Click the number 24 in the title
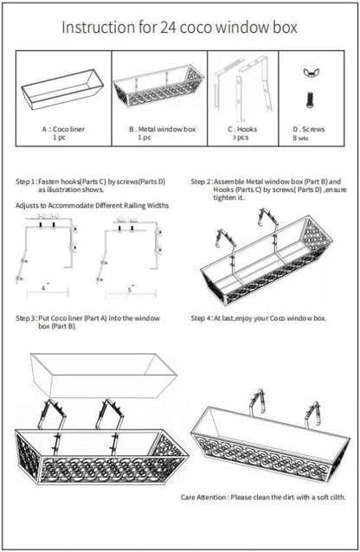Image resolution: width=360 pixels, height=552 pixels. pyautogui.click(x=169, y=27)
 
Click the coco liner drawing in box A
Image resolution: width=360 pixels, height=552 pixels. pyautogui.click(x=62, y=89)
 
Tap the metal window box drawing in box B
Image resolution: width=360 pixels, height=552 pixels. pyautogui.click(x=158, y=87)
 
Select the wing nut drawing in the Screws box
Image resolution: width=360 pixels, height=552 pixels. pyautogui.click(x=309, y=73)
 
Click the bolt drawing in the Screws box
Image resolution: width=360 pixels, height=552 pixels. pyautogui.click(x=310, y=99)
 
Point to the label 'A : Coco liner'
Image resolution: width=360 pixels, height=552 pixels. pyautogui.click(x=63, y=129)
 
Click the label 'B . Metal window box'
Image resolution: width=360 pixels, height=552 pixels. pyautogui.click(x=162, y=129)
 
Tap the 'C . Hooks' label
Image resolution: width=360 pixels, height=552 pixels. pyautogui.click(x=242, y=129)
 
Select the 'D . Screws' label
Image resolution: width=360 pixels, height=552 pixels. pyautogui.click(x=309, y=129)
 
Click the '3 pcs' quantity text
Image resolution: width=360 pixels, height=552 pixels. pyautogui.click(x=241, y=138)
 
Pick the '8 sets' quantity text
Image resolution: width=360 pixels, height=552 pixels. pyautogui.click(x=300, y=138)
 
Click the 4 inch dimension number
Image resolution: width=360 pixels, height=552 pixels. pyautogui.click(x=43, y=288)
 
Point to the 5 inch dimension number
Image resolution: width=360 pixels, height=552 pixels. pyautogui.click(x=130, y=290)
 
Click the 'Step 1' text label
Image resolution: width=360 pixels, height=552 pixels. pyautogui.click(x=26, y=182)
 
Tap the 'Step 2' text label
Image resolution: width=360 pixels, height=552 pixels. pyautogui.click(x=202, y=182)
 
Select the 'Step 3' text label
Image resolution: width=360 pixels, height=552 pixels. pyautogui.click(x=26, y=318)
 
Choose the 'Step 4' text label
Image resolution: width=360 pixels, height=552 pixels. pyautogui.click(x=202, y=318)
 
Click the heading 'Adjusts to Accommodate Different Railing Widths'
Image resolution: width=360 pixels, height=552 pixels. pyautogui.click(x=93, y=206)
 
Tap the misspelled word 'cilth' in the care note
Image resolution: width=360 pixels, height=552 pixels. pyautogui.click(x=337, y=497)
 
